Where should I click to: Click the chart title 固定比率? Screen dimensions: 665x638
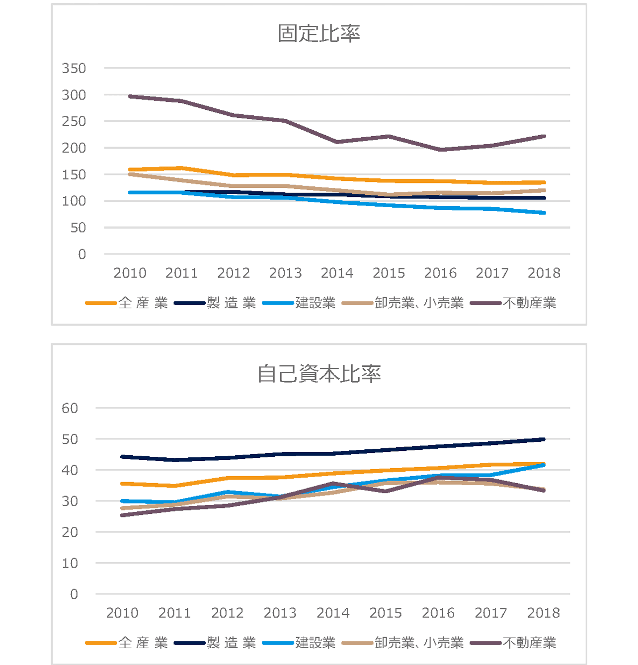pos(319,33)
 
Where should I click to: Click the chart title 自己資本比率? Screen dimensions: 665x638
pos(319,374)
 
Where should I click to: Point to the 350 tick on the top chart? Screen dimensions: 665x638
pos(74,68)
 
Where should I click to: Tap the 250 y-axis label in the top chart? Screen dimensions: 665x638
pos(74,121)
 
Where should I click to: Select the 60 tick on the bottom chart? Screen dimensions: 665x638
pos(70,408)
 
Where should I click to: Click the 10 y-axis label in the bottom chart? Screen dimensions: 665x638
pos(70,563)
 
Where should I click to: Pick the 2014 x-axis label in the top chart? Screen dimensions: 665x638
pos(337,273)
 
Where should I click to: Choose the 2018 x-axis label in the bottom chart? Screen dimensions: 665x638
pos(543,613)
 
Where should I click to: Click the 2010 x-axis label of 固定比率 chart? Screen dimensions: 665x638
pos(130,273)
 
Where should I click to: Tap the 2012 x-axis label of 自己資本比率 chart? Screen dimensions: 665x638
pos(227,613)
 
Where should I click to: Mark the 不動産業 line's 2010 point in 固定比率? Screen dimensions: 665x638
pos(130,96)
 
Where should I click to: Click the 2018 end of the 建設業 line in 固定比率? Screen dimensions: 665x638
pos(544,213)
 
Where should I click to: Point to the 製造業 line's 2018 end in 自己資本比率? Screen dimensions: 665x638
pos(544,439)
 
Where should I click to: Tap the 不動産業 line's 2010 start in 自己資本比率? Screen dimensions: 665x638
pos(123,515)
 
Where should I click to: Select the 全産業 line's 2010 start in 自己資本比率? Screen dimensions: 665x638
pos(123,484)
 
